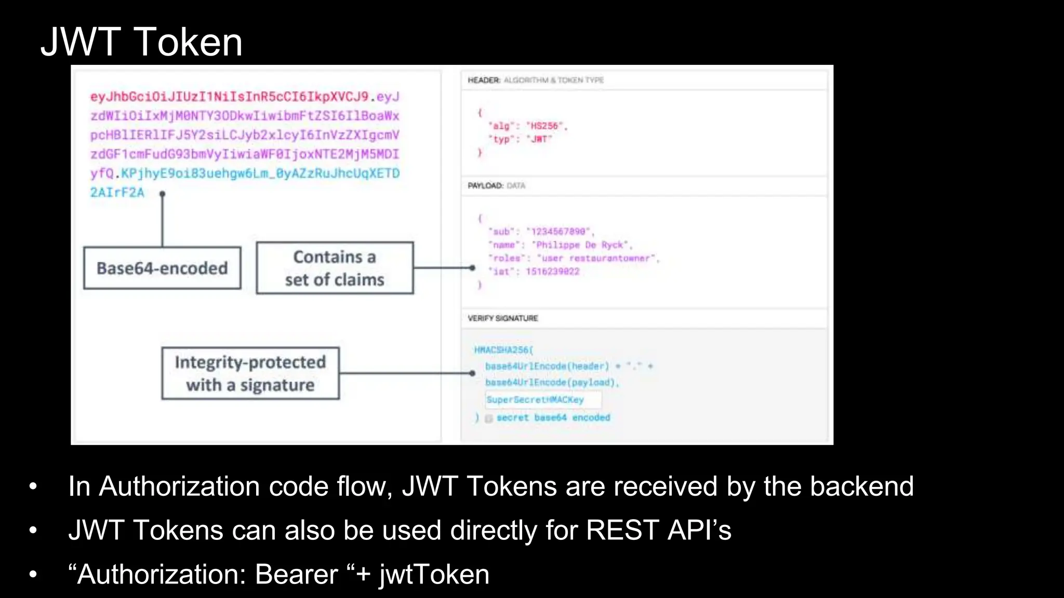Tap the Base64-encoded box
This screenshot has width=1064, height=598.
coord(162,268)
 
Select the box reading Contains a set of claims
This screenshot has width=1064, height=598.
coord(335,268)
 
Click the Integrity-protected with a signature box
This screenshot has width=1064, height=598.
coord(250,373)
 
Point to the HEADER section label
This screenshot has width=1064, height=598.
coord(484,80)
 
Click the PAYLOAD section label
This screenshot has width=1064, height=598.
coord(485,185)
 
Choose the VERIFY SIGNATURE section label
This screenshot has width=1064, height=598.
coord(502,318)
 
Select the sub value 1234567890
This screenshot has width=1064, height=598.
coord(558,232)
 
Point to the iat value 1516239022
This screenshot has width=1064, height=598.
coord(552,271)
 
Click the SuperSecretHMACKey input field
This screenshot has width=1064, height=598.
coord(543,400)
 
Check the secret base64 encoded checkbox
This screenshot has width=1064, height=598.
coord(488,418)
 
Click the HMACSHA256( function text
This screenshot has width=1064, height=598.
coord(503,350)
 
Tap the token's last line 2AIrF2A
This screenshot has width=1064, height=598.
coord(117,193)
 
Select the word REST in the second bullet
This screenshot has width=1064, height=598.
coord(622,531)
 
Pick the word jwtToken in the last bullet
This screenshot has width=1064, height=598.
coord(434,575)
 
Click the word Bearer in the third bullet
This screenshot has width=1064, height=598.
coord(296,575)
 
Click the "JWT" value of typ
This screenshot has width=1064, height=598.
coord(541,139)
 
